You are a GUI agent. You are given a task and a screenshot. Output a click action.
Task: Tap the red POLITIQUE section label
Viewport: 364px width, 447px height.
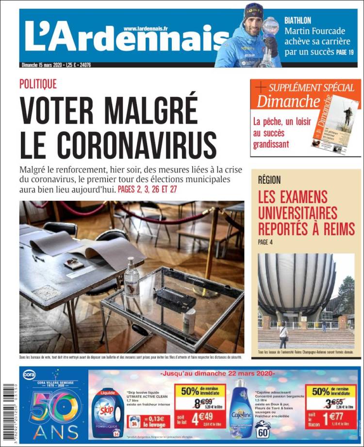[x=38, y=84]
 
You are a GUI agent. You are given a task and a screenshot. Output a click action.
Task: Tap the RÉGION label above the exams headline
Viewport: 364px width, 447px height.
[x=269, y=180]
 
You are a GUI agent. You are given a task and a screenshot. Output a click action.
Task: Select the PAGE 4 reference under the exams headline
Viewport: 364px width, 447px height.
[x=265, y=242]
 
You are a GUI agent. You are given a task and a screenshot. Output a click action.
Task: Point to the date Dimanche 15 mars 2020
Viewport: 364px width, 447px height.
[x=42, y=65]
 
